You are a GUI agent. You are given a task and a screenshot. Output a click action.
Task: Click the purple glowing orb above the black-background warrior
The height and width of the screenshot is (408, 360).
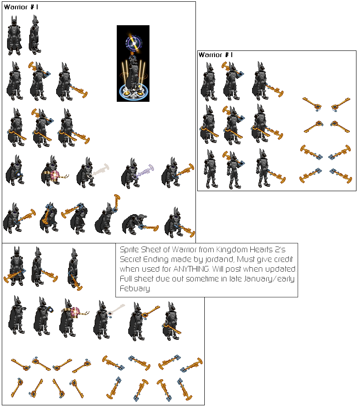pyautogui.click(x=132, y=43)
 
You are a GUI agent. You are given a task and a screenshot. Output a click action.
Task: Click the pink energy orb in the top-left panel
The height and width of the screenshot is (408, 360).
pyautogui.click(x=55, y=175)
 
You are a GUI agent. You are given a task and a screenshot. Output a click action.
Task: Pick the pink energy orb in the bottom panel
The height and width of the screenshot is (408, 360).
pyautogui.click(x=75, y=312)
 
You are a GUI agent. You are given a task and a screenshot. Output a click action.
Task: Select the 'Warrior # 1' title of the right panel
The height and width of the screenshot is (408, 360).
pyautogui.click(x=215, y=55)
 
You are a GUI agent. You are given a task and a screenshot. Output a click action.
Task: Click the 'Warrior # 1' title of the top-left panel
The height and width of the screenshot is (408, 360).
pyautogui.click(x=21, y=7)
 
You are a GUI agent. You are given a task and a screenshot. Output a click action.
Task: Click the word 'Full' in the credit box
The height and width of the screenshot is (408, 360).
pyautogui.click(x=126, y=279)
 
